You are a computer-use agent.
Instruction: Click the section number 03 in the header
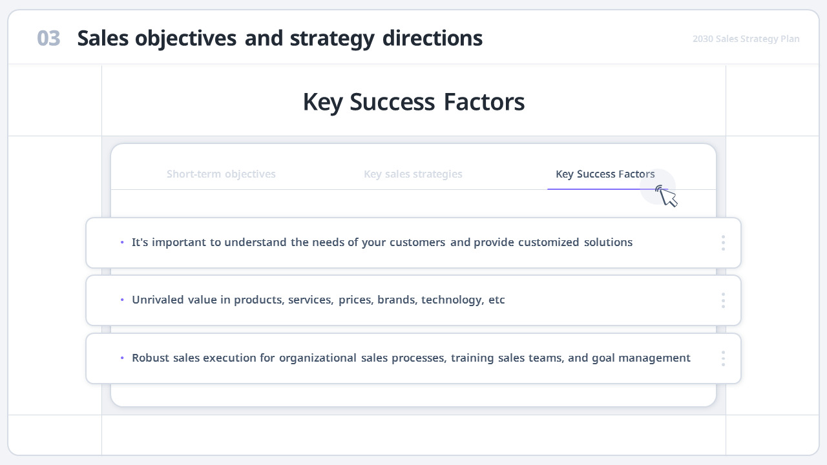[48, 39]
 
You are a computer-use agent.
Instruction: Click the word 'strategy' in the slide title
[332, 39]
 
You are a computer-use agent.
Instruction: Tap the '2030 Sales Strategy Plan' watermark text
[746, 39]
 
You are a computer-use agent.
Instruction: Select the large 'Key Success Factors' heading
[413, 102]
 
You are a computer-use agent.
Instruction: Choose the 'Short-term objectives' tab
[221, 174]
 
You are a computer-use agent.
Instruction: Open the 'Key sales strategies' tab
[413, 174]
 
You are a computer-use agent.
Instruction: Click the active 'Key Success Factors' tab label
[605, 174]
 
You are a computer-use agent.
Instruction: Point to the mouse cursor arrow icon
[667, 196]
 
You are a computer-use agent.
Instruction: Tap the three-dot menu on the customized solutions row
[723, 243]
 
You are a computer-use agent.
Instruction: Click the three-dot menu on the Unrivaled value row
[723, 300]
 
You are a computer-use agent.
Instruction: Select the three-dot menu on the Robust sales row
[723, 358]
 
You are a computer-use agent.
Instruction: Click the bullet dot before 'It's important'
[122, 243]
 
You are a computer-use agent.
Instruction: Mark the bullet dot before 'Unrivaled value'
[122, 300]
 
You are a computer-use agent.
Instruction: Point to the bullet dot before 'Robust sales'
[122, 358]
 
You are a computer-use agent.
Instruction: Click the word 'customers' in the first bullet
[417, 243]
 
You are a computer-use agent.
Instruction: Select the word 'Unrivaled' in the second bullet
[158, 300]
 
